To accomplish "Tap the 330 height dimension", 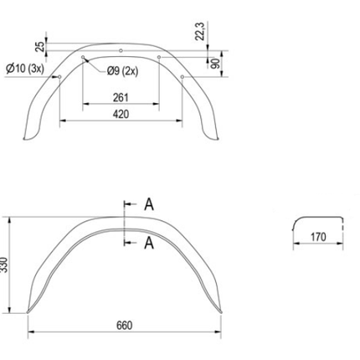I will click(x=9, y=265).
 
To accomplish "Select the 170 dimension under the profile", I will click(x=317, y=238).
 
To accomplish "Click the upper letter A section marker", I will click(x=148, y=203).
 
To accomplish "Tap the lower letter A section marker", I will click(x=148, y=243).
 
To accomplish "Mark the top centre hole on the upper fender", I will click(x=122, y=50).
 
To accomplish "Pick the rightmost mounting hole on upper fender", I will click(x=183, y=78).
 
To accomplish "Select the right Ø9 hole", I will click(x=159, y=57).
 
